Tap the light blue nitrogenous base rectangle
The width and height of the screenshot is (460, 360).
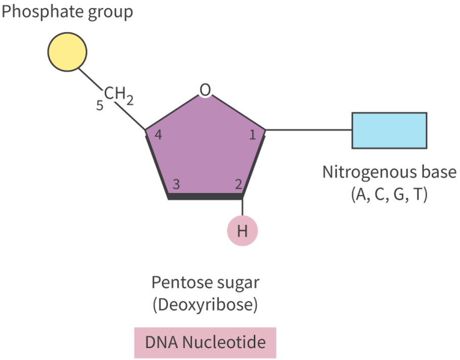pyautogui.click(x=389, y=130)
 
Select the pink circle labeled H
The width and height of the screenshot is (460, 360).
pyautogui.click(x=242, y=231)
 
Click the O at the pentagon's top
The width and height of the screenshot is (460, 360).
pyautogui.click(x=204, y=90)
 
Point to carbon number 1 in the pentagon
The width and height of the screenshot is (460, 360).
pyautogui.click(x=253, y=135)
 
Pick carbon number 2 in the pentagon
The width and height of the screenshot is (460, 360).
pyautogui.click(x=238, y=184)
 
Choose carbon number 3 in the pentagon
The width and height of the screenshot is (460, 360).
pyautogui.click(x=176, y=184)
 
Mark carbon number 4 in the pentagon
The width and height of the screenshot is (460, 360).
pyautogui.click(x=158, y=135)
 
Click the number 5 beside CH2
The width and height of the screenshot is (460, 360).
pyautogui.click(x=100, y=106)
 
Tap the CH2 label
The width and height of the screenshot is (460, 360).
pyautogui.click(x=119, y=96)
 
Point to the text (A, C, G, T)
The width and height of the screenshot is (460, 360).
pyautogui.click(x=389, y=195)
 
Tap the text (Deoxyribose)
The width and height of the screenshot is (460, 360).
pyautogui.click(x=205, y=305)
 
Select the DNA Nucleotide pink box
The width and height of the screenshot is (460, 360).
pyautogui.click(x=205, y=342)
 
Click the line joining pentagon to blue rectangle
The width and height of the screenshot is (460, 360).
pyautogui.click(x=309, y=130)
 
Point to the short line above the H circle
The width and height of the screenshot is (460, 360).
pyautogui.click(x=243, y=206)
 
